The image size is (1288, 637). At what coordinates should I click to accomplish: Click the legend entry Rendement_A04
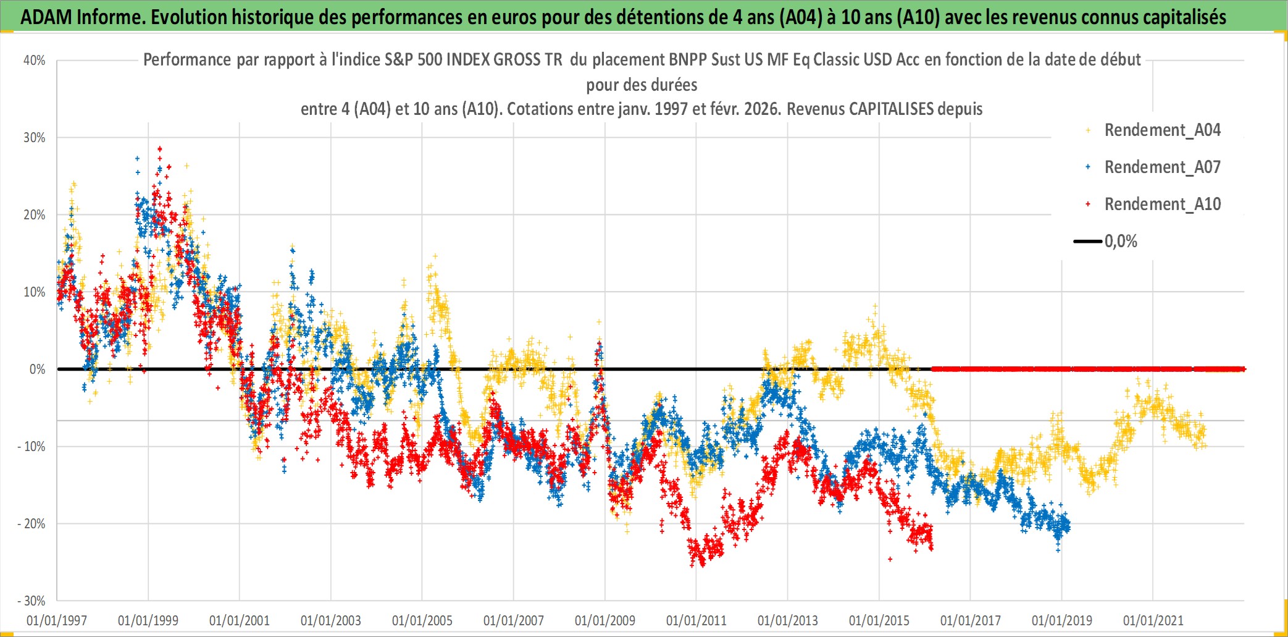click(x=1162, y=130)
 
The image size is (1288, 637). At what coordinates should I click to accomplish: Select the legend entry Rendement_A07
click(x=1162, y=167)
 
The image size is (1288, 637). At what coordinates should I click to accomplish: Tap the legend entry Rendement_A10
click(x=1162, y=205)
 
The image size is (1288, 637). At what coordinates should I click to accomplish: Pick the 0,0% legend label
click(x=1121, y=242)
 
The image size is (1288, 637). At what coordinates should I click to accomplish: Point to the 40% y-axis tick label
click(x=34, y=61)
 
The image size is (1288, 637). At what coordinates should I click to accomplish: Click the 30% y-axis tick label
click(x=34, y=138)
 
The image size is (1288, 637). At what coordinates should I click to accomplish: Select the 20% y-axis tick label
click(x=34, y=215)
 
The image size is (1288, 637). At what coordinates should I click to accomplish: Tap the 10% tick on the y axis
click(x=34, y=292)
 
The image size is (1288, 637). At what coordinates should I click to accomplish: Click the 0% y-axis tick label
click(x=37, y=369)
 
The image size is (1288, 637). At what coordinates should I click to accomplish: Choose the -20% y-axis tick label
click(x=31, y=524)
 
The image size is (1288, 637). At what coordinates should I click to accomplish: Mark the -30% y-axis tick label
click(x=31, y=601)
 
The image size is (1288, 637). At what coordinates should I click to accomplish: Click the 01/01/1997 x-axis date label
click(x=57, y=620)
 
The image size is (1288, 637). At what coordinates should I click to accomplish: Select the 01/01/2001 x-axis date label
click(x=240, y=620)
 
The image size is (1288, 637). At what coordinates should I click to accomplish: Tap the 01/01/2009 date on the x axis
click(x=605, y=620)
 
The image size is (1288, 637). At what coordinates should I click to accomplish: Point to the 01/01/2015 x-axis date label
click(x=879, y=620)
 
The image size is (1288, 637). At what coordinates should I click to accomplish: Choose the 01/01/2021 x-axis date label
click(x=1153, y=620)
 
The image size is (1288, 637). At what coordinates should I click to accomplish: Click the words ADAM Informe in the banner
click(x=82, y=17)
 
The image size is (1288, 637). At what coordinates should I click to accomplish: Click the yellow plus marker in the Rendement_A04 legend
click(x=1088, y=130)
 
